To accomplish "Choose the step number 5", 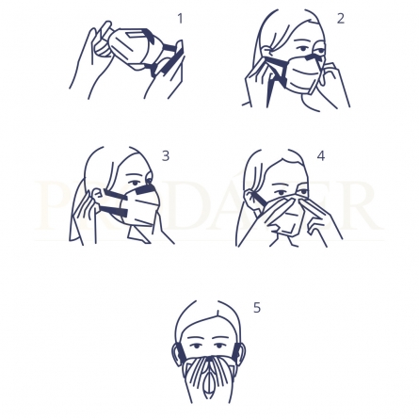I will click(256, 308).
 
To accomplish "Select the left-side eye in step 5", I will click(196, 346).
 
